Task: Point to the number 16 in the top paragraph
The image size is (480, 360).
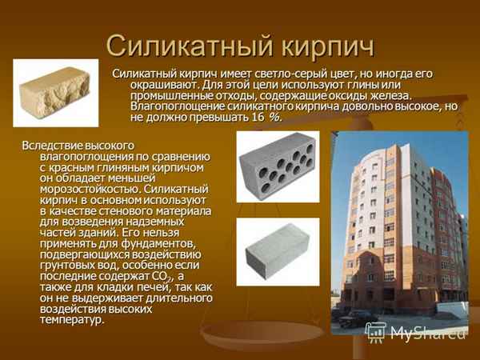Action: [x=258, y=118]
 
